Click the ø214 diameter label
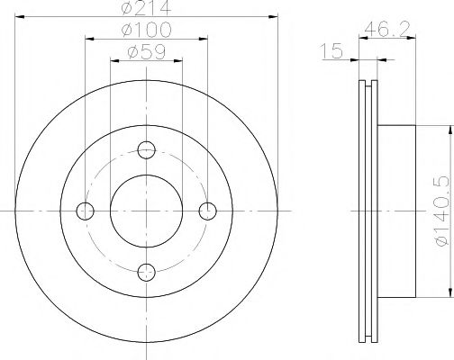pos(148,11)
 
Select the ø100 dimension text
pos(148,31)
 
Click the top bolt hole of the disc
pos(148,149)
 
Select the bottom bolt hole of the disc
pos(148,272)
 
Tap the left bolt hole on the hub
pos(86,211)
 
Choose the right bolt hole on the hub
pos(209,211)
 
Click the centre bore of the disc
pos(148,211)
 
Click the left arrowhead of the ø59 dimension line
pos(113,61)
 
